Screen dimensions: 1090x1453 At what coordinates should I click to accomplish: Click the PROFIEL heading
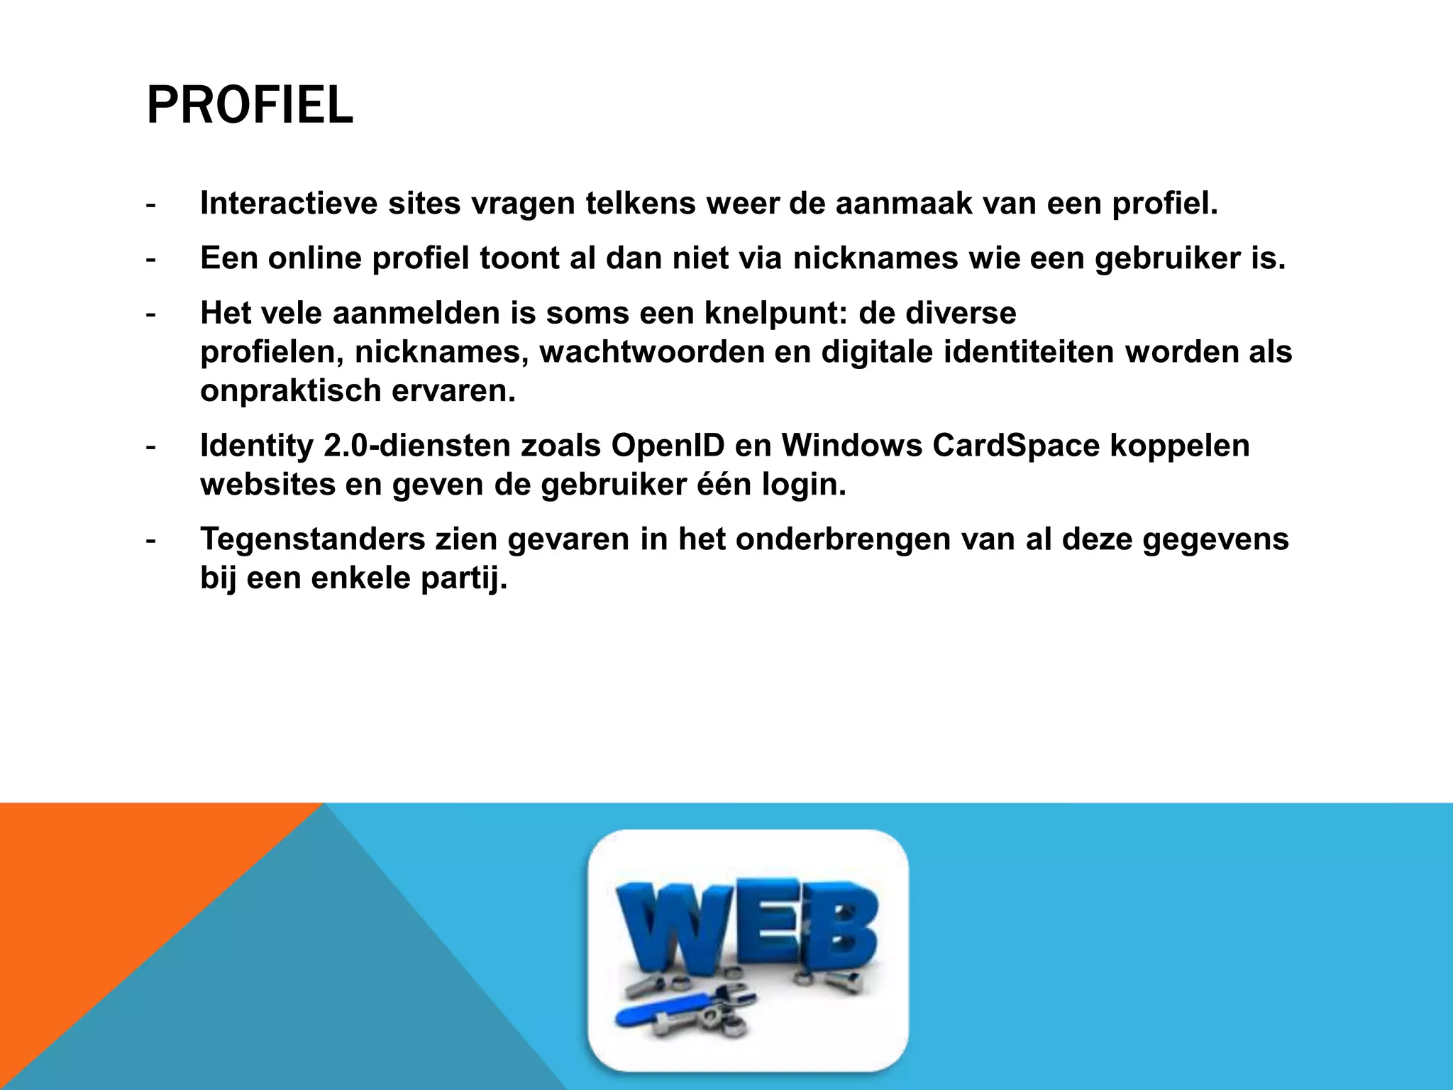250,106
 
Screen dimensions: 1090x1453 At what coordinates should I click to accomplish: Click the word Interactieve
289,204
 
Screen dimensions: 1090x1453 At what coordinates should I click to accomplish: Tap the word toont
519,258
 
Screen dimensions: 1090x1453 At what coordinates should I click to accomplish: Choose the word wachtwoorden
651,352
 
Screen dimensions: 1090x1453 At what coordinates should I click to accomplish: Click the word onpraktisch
290,391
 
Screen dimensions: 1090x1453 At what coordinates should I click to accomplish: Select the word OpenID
668,446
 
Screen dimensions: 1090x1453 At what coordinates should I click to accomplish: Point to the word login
804,485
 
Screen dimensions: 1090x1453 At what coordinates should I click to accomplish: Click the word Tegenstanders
312,539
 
